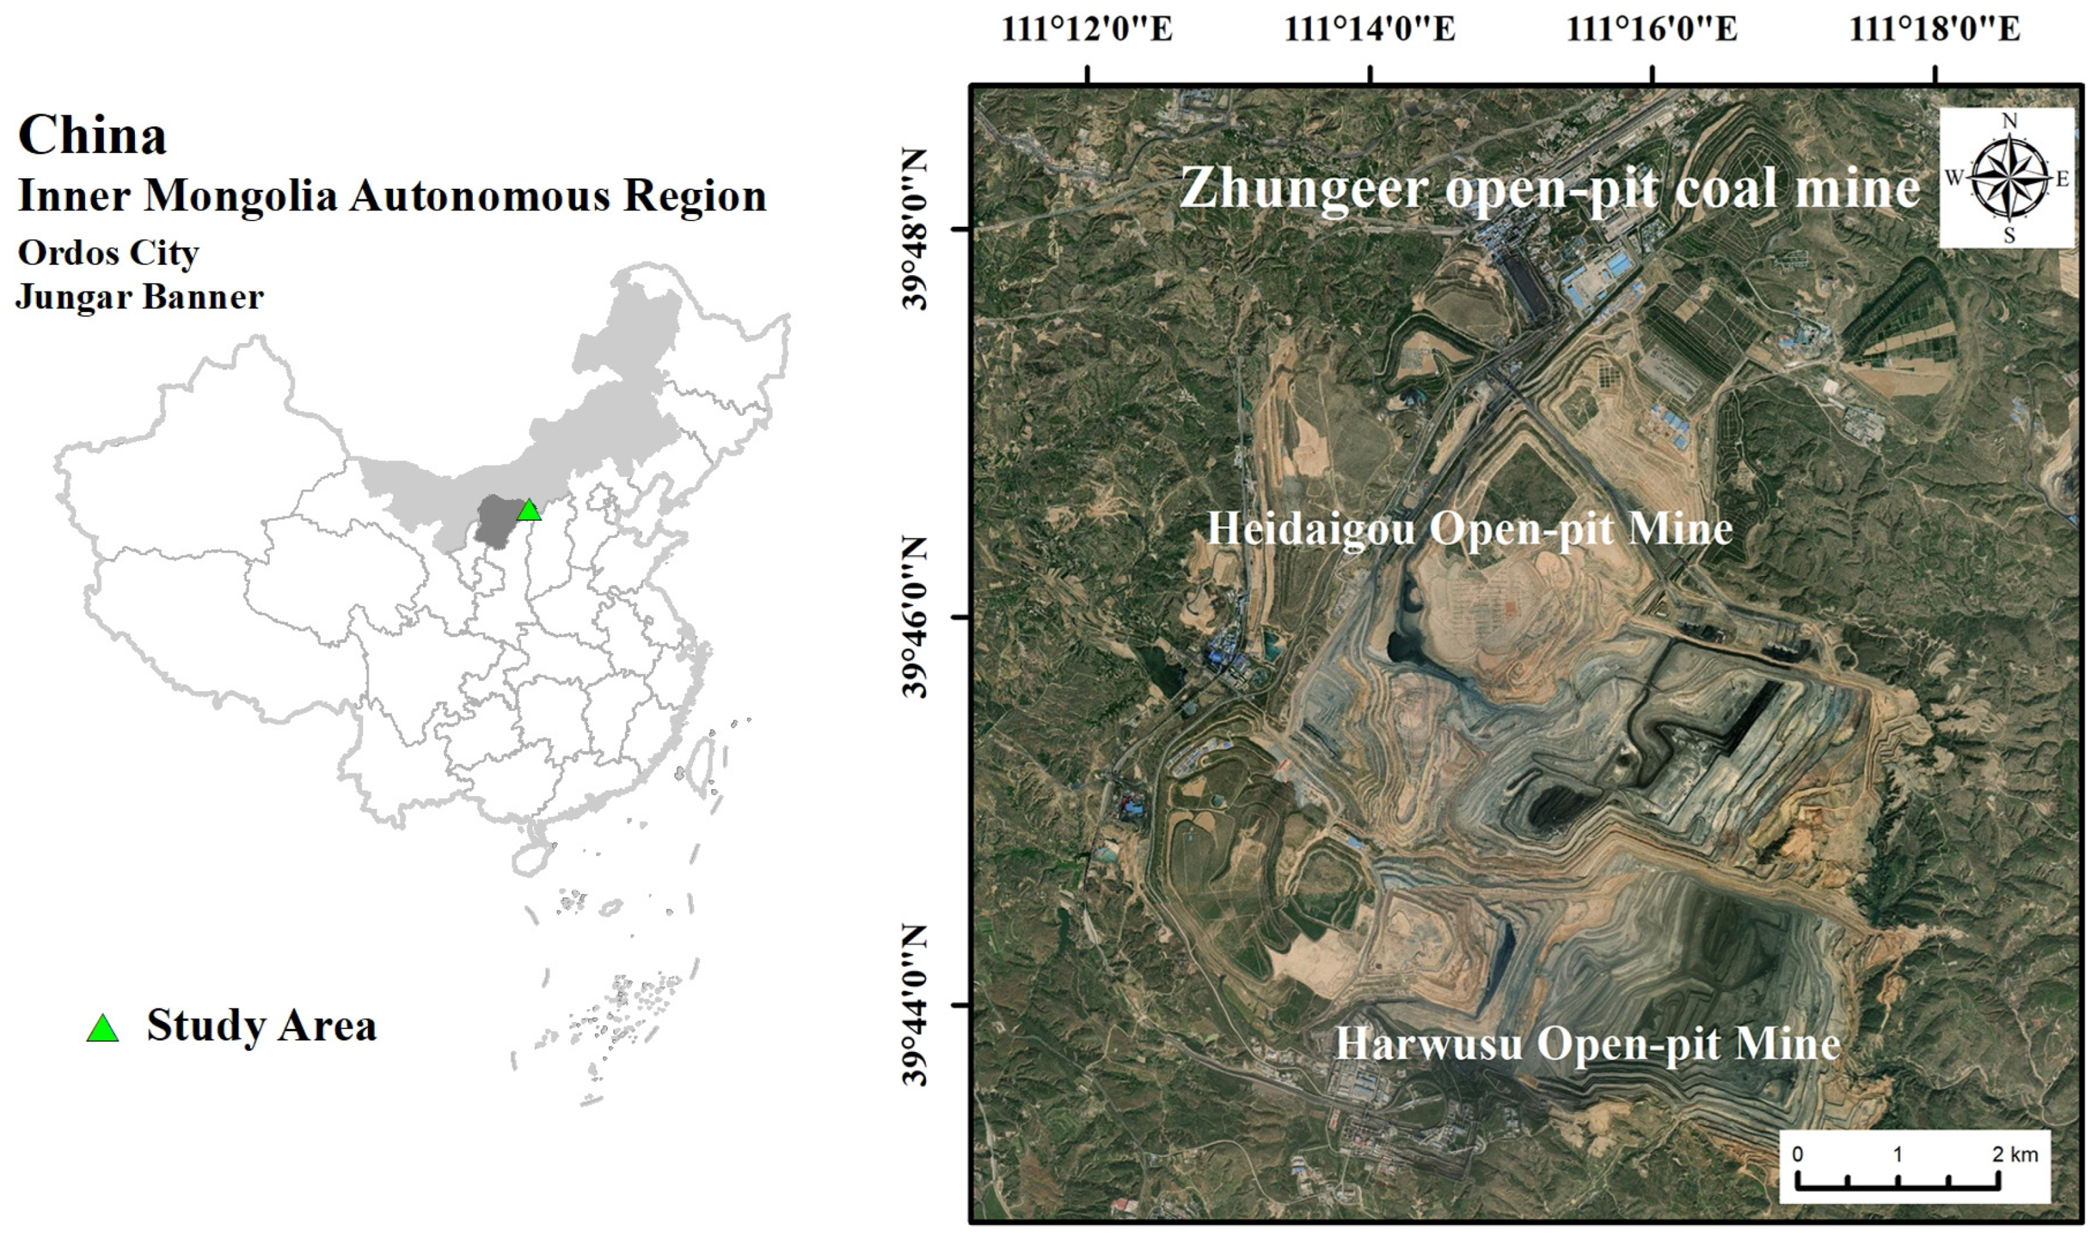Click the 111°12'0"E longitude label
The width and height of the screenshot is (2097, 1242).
(x=1087, y=30)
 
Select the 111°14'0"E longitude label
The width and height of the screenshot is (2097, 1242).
(x=1370, y=30)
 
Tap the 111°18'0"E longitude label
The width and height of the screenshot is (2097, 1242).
(x=1935, y=30)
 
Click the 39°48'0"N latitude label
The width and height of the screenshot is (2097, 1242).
(x=915, y=229)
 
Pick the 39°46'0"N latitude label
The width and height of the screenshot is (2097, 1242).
(x=915, y=618)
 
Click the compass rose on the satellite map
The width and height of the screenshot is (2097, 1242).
(x=2008, y=178)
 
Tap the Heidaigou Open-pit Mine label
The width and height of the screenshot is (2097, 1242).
(x=1469, y=529)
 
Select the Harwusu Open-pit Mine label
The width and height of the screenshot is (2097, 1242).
(x=1587, y=1044)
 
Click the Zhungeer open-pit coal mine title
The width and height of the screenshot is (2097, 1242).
(x=1549, y=187)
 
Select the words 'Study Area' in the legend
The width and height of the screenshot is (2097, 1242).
(x=261, y=1025)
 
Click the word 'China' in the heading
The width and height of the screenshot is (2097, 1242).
(x=92, y=136)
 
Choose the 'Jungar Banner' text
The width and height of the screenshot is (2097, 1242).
(x=140, y=297)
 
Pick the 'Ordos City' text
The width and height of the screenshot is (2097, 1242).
(x=108, y=253)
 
